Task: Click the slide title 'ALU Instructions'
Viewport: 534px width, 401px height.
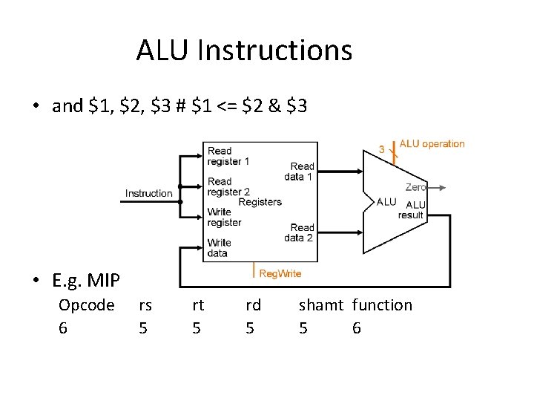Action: (x=244, y=50)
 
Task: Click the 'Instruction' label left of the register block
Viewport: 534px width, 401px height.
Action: (x=148, y=193)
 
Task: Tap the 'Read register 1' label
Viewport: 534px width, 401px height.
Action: (x=228, y=156)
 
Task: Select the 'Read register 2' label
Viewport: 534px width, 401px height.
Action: (x=228, y=186)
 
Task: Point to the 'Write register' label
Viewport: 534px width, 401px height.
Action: (x=224, y=217)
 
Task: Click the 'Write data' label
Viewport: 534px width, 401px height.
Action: (x=219, y=247)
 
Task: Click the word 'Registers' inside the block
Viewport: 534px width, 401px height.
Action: (x=260, y=202)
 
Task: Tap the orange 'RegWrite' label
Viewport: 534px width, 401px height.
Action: (x=280, y=273)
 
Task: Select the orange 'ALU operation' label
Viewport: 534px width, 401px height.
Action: (x=432, y=144)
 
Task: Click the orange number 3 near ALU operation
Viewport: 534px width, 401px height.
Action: (x=382, y=149)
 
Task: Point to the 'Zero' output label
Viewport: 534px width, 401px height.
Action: (x=415, y=187)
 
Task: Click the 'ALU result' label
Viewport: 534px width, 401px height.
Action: (x=411, y=209)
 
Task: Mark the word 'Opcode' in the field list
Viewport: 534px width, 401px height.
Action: (x=86, y=305)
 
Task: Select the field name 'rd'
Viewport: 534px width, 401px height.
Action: (x=253, y=305)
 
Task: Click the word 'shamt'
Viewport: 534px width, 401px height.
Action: (x=320, y=305)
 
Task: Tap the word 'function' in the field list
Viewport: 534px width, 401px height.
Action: (x=382, y=305)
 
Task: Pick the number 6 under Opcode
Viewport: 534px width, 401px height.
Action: (x=63, y=327)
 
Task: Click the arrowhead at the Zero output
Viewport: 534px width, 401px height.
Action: (x=443, y=188)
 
